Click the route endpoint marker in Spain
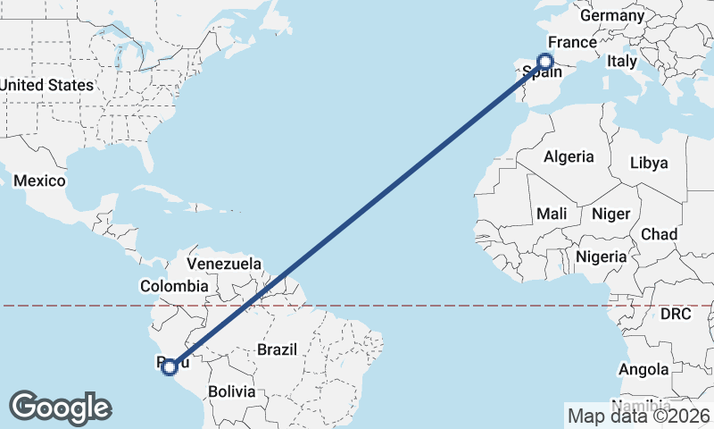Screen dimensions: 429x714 click(x=545, y=62)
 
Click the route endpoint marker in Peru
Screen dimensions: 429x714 click(x=169, y=366)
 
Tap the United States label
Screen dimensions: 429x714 click(x=46, y=85)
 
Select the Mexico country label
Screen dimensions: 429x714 click(x=39, y=181)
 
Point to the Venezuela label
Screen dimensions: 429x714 click(x=223, y=264)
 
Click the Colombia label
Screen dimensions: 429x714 click(x=173, y=286)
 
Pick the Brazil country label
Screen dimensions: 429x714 click(x=277, y=350)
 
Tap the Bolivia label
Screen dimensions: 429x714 click(x=231, y=391)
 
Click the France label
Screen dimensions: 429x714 click(x=571, y=42)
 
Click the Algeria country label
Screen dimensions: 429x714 click(x=569, y=156)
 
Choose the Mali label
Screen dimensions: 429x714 click(x=552, y=214)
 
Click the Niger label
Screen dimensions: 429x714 click(x=610, y=214)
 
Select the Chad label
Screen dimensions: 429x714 click(x=659, y=234)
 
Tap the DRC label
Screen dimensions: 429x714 click(x=676, y=314)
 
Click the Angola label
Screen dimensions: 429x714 click(x=643, y=369)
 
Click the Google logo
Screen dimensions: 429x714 click(x=60, y=408)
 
